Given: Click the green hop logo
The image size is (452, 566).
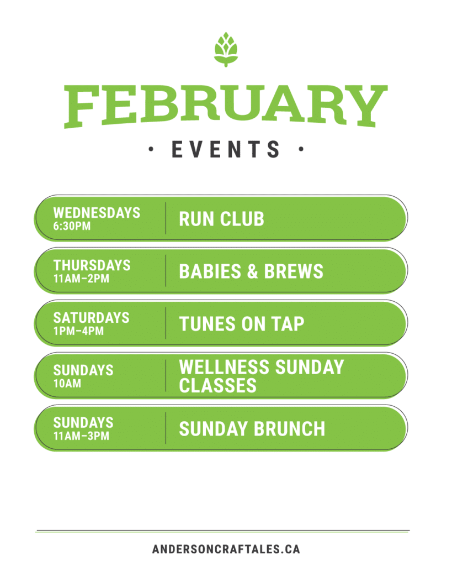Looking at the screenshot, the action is (x=226, y=49).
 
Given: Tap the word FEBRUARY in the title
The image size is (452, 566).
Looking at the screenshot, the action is (x=226, y=106).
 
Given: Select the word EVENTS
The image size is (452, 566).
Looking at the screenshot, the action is (x=226, y=149).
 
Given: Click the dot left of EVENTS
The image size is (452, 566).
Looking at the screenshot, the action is (x=151, y=149).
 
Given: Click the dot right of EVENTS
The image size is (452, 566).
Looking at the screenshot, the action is (x=301, y=149).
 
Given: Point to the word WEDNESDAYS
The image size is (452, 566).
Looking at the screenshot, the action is (x=97, y=213).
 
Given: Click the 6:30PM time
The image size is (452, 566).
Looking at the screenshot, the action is (x=72, y=226).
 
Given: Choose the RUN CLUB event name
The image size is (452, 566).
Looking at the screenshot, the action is (x=222, y=219).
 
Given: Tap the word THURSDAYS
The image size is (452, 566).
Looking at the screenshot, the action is (x=92, y=265).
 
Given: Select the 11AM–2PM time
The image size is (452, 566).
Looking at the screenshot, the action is (x=81, y=279).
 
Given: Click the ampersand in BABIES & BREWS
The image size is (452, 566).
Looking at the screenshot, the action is (x=252, y=271).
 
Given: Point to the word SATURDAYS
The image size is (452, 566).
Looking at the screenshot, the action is (x=91, y=318).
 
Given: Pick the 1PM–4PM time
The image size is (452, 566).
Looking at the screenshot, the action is (x=78, y=331).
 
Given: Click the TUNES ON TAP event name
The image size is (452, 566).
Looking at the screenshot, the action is (x=242, y=323).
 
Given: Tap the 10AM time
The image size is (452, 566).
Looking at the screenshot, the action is (x=67, y=384).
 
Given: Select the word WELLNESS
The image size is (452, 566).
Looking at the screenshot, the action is (x=224, y=367).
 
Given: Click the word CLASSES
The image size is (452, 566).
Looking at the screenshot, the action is (x=217, y=385).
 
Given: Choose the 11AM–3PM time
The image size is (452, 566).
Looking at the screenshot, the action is (x=81, y=436).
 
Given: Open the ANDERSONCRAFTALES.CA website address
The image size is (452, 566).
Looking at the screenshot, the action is (x=226, y=549).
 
